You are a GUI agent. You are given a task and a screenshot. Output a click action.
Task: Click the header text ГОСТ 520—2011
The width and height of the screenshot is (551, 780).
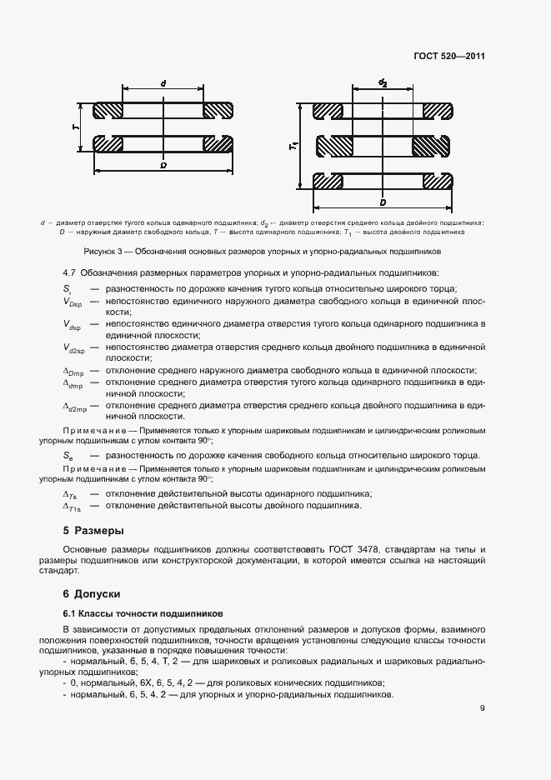coord(449,57)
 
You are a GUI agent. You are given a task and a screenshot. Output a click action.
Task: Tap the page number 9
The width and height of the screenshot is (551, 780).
coord(483,708)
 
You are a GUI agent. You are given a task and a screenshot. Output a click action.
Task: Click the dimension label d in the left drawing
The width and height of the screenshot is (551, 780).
coord(163,83)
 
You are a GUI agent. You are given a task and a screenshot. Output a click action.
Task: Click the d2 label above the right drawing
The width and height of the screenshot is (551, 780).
coord(383,82)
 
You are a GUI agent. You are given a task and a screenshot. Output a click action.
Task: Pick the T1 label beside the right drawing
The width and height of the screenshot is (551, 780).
coord(293,146)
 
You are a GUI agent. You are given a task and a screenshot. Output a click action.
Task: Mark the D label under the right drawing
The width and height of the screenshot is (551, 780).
coord(382,202)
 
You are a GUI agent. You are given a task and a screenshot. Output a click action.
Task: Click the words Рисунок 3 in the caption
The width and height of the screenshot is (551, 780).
coord(103,251)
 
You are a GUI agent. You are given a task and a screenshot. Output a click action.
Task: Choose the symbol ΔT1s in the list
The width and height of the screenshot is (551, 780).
coord(73,506)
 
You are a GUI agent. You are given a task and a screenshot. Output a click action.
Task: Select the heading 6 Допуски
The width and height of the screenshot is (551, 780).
coord(92,593)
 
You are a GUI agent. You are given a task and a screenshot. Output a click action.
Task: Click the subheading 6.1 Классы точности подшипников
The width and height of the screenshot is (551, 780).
coord(136,612)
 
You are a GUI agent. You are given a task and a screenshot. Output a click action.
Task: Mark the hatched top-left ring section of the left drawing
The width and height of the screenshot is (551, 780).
coord(108,111)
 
